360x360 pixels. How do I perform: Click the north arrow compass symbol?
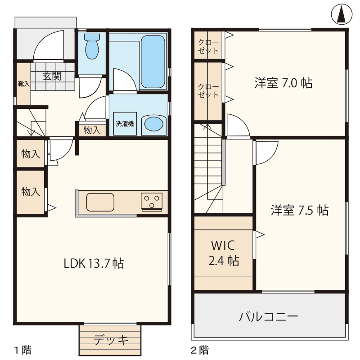342,14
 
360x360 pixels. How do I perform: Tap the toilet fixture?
92,46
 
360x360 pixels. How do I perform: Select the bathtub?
153,62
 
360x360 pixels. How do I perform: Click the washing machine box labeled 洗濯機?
125,123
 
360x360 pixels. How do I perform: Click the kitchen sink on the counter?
100,202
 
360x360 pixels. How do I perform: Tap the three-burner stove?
152,202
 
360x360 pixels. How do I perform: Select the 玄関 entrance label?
52,76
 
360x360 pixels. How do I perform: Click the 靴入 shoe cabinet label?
24,84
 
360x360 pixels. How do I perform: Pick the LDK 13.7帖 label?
94,263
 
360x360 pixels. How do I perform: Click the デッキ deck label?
111,340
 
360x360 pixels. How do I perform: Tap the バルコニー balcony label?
268,317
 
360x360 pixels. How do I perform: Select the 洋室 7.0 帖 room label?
283,83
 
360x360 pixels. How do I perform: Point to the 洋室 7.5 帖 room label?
300,210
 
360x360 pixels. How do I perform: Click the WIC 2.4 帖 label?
224,253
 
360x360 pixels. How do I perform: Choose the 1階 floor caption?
23,350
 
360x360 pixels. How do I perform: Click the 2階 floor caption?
200,350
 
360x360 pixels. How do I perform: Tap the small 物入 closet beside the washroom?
92,130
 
